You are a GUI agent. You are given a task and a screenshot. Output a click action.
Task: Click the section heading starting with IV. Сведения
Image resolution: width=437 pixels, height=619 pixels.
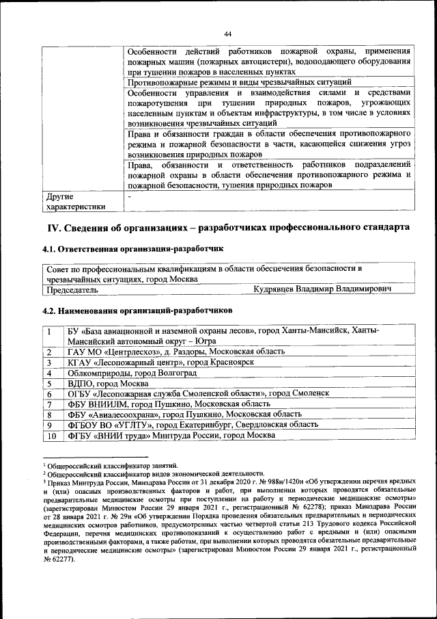click(227, 226)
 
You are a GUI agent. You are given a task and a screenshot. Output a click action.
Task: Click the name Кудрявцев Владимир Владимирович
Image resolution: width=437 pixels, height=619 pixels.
click(322, 289)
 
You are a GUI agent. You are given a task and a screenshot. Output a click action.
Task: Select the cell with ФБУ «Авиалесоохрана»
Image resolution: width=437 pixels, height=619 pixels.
click(184, 414)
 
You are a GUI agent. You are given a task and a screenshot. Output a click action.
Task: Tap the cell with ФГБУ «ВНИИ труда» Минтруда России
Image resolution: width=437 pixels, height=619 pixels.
click(171, 436)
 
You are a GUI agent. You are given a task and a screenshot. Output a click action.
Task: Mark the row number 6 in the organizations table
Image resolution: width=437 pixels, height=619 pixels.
click(51, 394)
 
